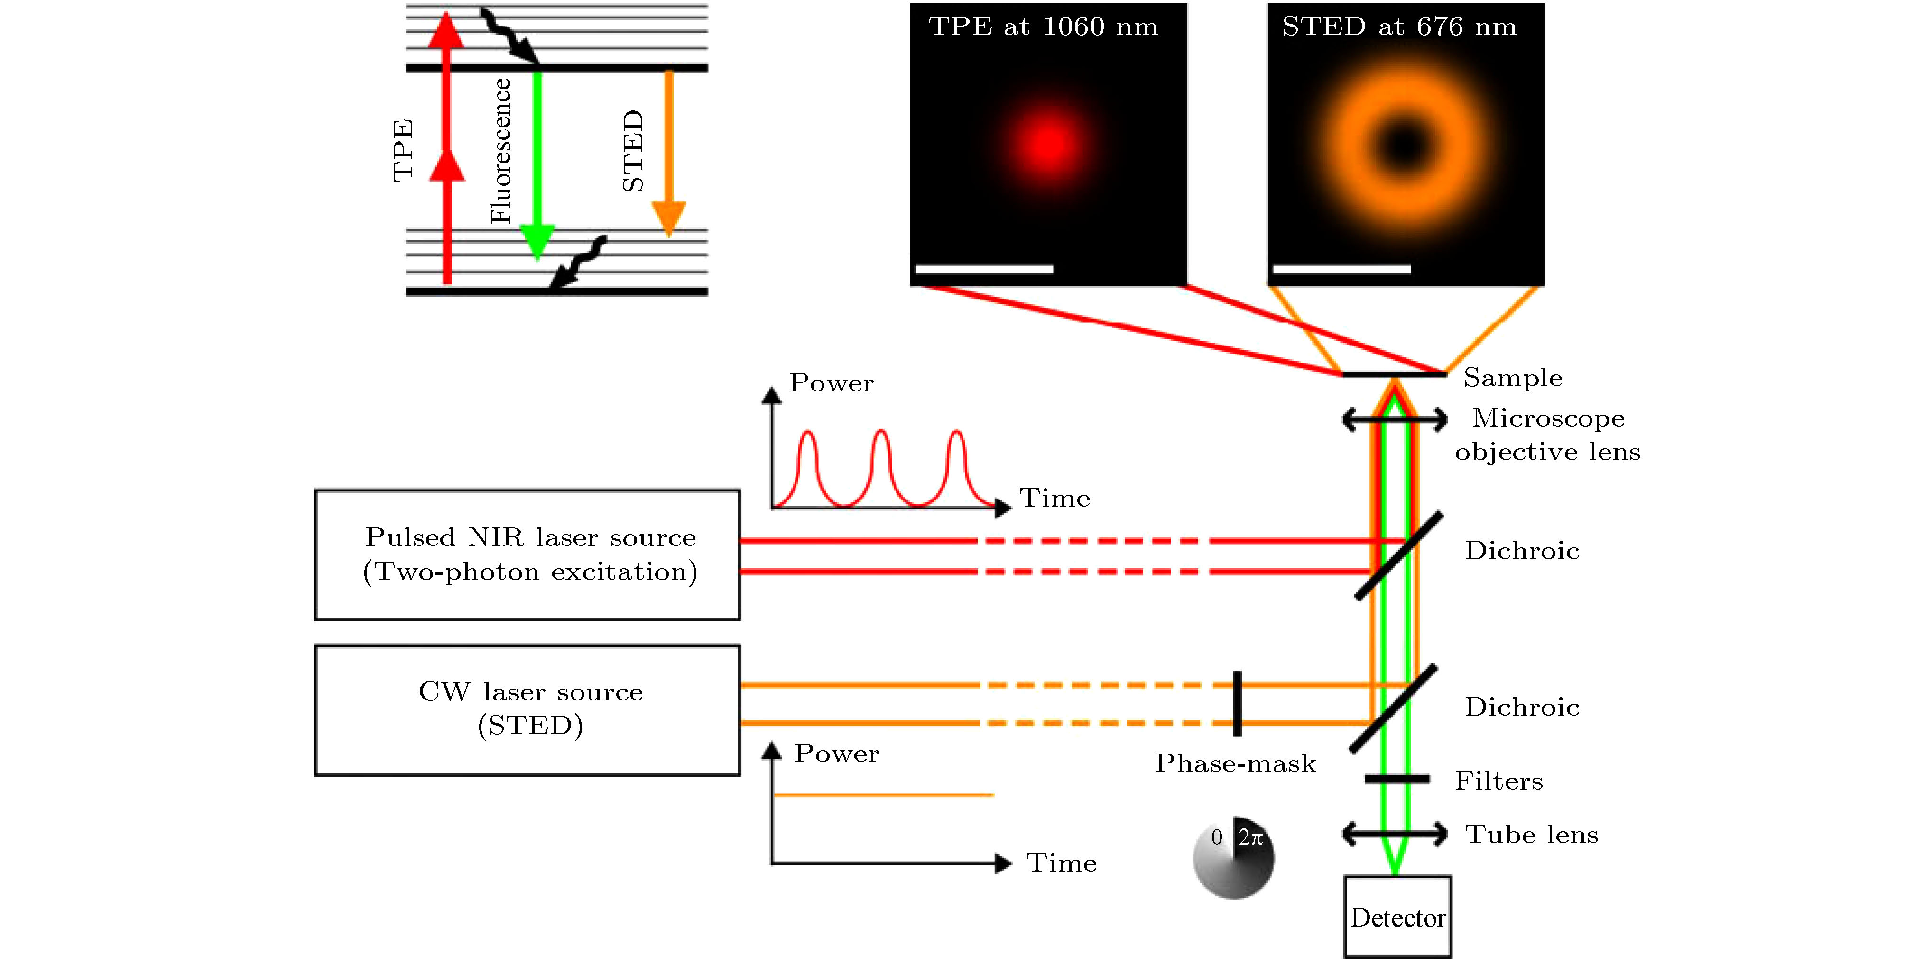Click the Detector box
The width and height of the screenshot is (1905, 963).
(x=1397, y=917)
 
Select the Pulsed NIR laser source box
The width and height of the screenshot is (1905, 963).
(x=527, y=554)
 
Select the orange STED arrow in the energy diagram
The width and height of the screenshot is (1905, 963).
(x=668, y=148)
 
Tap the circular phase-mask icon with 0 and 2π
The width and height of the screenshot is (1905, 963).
(x=1233, y=857)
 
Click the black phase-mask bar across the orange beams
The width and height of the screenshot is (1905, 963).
(x=1237, y=704)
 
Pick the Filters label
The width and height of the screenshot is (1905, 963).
(x=1498, y=781)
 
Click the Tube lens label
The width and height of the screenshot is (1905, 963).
(x=1532, y=835)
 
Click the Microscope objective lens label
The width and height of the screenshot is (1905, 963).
(x=1548, y=435)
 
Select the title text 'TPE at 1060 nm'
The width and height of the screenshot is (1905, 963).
(x=1043, y=27)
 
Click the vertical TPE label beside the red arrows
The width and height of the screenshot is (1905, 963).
(x=402, y=150)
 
